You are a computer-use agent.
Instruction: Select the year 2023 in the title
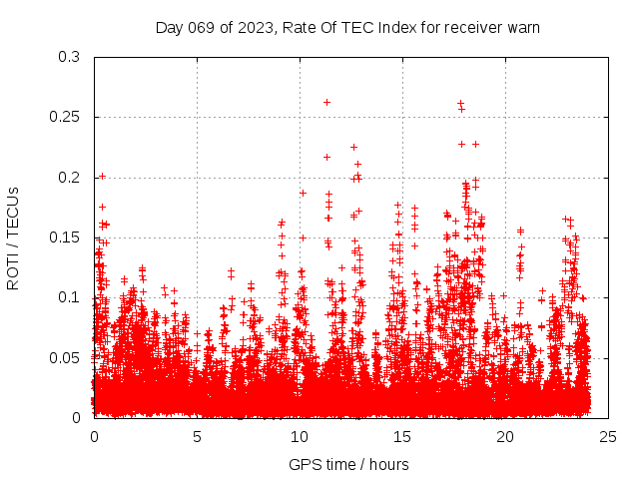pos(251,27)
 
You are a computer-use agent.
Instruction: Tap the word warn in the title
pos(522,27)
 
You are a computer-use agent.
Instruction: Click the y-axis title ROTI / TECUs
pos(13,238)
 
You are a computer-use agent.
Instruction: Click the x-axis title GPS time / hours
pos(348,464)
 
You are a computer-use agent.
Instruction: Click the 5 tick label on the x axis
pos(197,436)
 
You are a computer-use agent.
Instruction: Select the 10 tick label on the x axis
pos(300,436)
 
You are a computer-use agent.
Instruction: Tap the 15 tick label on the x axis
pos(402,436)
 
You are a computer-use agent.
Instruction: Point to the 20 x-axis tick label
pos(505,436)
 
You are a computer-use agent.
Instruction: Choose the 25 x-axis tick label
pos(608,436)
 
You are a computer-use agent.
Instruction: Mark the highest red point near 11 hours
pos(326,102)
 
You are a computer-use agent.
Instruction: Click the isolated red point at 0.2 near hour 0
pos(102,177)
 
